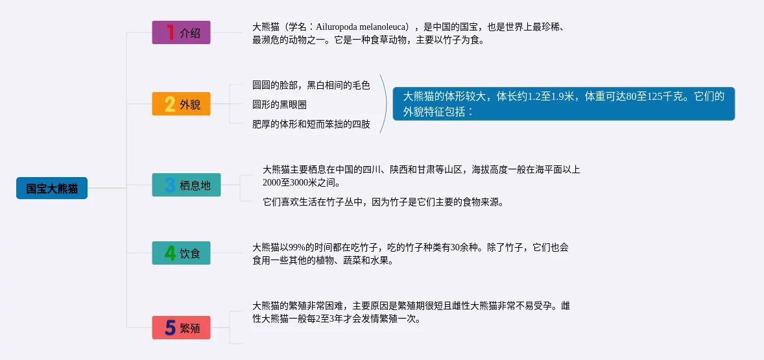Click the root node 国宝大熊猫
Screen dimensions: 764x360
tap(52, 188)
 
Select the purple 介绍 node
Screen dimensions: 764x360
tap(181, 32)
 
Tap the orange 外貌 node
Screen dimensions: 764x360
tap(181, 104)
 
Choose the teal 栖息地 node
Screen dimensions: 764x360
tap(186, 185)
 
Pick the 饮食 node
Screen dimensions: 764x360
tap(181, 253)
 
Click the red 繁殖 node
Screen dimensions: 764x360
tap(181, 328)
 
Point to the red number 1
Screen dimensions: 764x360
tap(170, 32)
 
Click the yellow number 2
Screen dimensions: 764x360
tap(170, 104)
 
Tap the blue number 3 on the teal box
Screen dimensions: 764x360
tap(170, 185)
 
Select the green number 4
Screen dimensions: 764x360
tap(170, 253)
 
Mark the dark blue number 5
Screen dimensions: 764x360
tap(170, 328)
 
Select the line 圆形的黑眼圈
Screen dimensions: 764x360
tap(279, 104)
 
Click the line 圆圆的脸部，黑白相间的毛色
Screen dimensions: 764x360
tap(311, 85)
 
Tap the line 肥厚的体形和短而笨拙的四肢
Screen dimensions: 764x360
tap(311, 125)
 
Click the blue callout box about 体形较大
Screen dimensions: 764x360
tap(564, 104)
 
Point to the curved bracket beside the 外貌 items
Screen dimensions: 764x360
tap(387, 104)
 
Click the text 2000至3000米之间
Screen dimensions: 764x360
tap(301, 183)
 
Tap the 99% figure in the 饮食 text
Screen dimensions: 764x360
tap(297, 247)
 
